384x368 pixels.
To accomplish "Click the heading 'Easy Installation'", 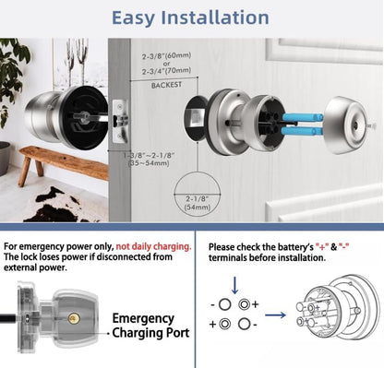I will point(191,18).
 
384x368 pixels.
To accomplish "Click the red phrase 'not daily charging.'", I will point(147,246).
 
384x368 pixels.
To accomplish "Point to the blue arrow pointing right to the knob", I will point(276,314).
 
